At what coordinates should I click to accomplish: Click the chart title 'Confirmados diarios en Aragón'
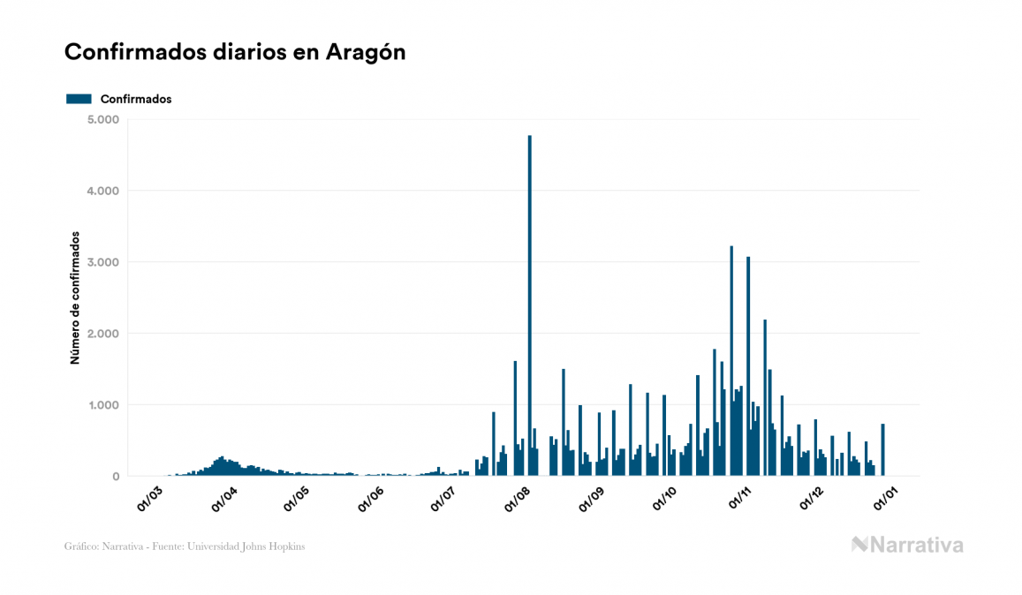(x=235, y=52)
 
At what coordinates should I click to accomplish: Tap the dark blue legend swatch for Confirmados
(x=79, y=99)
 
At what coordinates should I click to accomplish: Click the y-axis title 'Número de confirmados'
(x=75, y=298)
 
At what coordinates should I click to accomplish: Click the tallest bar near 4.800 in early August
(x=529, y=309)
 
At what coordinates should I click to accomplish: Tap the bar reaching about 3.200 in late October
(x=731, y=362)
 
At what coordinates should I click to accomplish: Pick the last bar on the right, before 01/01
(x=882, y=450)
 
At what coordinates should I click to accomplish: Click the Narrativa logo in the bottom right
(x=907, y=545)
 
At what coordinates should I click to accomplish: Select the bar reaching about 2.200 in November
(x=765, y=397)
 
